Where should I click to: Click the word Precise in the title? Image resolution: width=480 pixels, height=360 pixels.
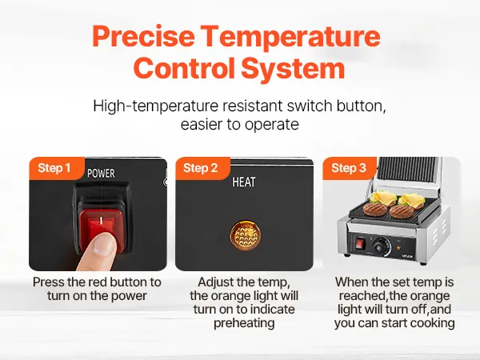143,36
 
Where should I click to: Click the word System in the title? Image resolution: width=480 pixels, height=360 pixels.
294,68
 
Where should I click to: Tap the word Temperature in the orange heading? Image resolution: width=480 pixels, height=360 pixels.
291,36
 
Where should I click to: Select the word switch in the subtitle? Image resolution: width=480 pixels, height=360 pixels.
310,106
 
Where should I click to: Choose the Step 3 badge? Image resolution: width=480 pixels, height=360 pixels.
349,168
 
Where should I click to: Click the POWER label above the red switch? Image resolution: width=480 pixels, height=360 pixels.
101,174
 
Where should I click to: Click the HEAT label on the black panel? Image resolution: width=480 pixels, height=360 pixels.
244,182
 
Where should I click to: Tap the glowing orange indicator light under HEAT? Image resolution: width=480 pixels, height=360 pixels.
246,234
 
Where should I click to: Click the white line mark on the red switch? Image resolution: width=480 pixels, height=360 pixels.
101,220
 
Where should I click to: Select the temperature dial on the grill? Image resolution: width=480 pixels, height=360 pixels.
381,246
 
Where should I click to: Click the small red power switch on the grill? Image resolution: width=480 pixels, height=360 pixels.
360,244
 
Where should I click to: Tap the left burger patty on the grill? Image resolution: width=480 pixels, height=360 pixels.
375,209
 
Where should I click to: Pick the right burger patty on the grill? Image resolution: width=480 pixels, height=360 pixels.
402,211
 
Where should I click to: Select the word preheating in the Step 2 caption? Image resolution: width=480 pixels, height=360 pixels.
244,323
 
